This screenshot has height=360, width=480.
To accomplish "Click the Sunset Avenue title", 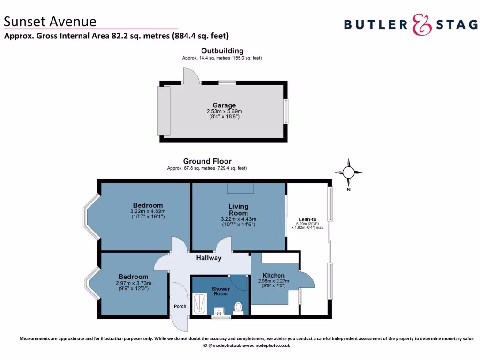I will pos(50,21).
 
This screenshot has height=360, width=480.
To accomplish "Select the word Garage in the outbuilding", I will pos(224,105).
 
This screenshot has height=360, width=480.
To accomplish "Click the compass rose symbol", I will pos(349,172).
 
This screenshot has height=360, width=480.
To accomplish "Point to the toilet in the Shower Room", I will pos(239,307).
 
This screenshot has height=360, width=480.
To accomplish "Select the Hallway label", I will pos(209,258).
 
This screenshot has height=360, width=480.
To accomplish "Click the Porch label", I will pos(180,306).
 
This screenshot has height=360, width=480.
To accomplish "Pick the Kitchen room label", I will pos(273,275).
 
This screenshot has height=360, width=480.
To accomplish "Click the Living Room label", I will pos(238,210).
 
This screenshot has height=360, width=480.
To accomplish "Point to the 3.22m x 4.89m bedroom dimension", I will pos(148,211).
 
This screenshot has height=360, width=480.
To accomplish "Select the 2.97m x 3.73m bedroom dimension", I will pos(133,283).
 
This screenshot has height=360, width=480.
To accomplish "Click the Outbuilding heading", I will pos(222,51).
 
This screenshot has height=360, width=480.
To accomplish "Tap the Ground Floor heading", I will pos(207,161).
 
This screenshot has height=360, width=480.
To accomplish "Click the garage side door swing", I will pos(191,75).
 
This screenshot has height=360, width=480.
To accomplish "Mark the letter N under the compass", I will pos(348,190).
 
